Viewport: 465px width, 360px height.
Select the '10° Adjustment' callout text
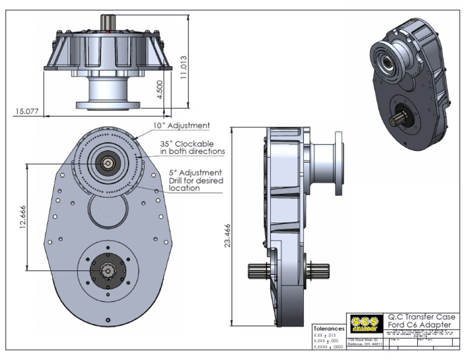(181, 126)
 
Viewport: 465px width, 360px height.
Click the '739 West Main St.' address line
(364, 340)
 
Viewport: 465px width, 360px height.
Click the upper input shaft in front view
(107, 162)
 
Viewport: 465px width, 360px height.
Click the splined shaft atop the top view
(108, 21)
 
